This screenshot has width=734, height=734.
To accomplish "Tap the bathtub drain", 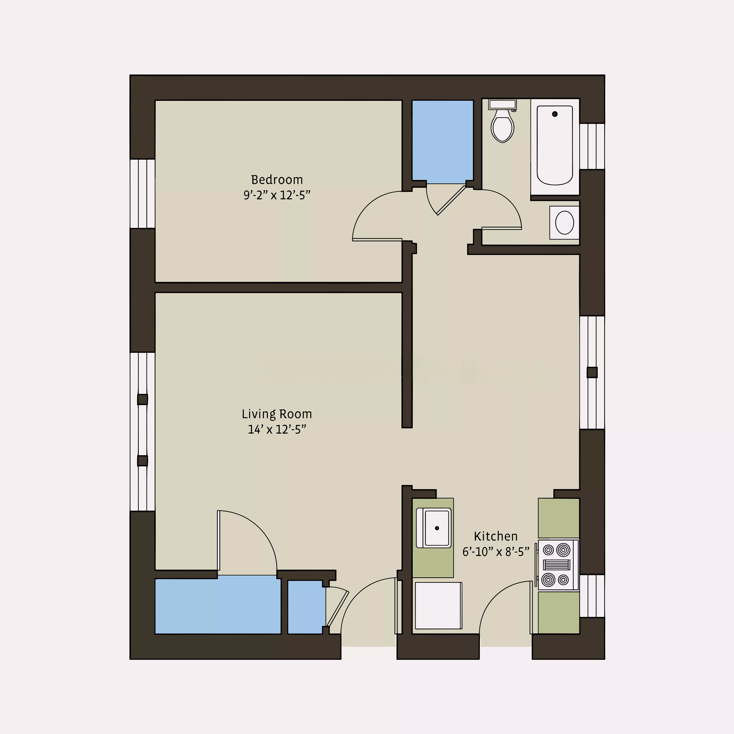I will tap(555, 114).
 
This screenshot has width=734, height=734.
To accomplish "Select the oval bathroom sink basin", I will tap(565, 223).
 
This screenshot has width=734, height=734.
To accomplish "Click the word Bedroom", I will tap(277, 180).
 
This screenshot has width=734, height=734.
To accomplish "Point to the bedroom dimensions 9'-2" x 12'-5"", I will tap(277, 195).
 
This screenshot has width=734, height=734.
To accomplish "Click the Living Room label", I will tap(277, 414).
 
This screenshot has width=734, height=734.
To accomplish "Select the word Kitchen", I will tap(496, 536).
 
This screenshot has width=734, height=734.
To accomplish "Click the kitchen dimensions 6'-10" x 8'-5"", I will tap(496, 552).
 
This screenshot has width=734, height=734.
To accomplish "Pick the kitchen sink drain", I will tap(437, 528).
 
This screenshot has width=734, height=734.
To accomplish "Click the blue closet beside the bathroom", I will tap(443, 140).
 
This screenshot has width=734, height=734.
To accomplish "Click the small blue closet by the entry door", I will tap(305, 607).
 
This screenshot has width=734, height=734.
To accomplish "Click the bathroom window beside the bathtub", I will tap(592, 146).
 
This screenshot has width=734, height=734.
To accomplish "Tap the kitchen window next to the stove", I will tap(592, 596).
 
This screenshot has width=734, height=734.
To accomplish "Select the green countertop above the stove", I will tap(559, 518).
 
